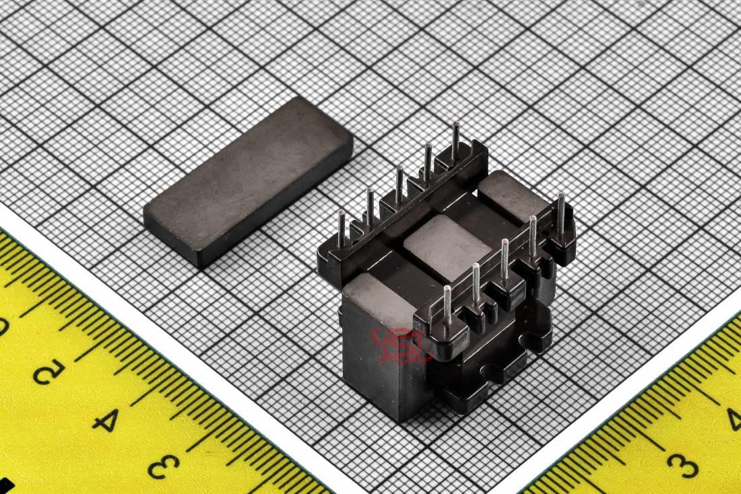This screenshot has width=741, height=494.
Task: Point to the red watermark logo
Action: point(401,346)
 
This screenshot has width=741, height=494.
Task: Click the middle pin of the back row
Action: point(399,184)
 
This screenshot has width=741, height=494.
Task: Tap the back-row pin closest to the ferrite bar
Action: point(342,229)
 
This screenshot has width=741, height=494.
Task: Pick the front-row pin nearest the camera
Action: point(447,305)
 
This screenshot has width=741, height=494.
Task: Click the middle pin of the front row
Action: point(505,259)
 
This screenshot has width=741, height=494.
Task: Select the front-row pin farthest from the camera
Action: point(561,215)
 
